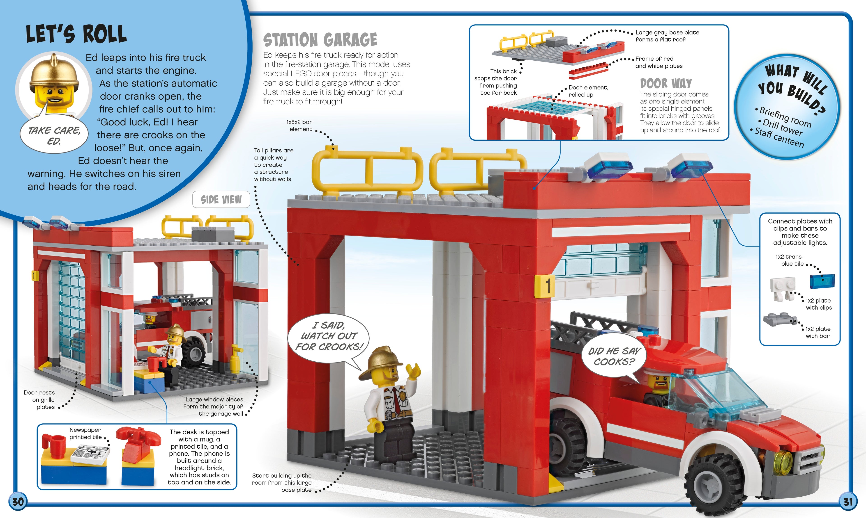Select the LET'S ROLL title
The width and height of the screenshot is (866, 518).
[76, 34]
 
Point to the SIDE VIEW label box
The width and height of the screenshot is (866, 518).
[221, 199]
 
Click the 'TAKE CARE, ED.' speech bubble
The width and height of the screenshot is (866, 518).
[54, 135]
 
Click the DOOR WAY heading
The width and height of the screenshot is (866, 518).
[666, 83]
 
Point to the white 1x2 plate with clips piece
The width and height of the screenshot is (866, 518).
[783, 289]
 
